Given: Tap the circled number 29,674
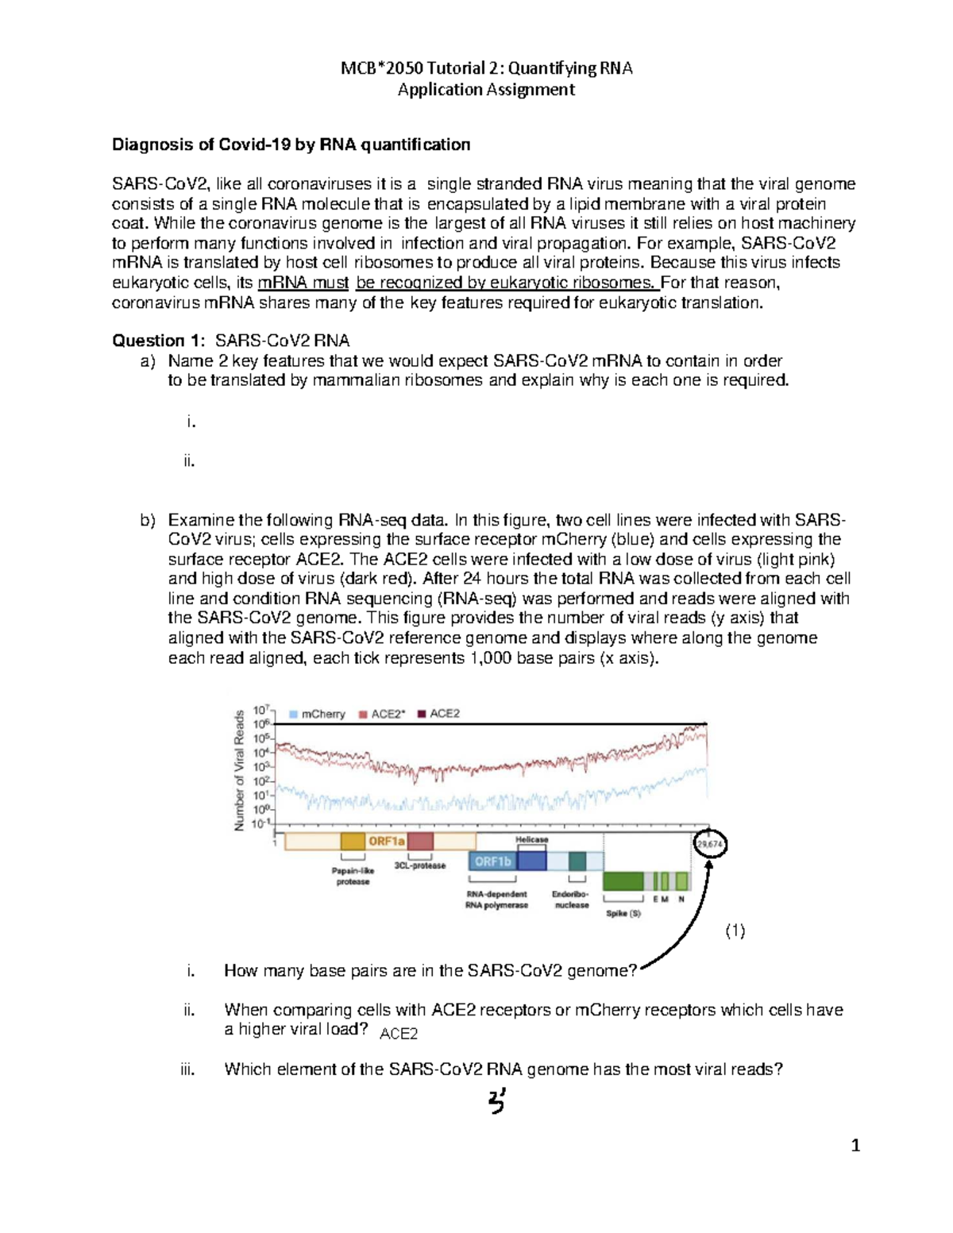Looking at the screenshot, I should tap(709, 844).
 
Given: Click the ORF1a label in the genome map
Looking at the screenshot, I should tap(386, 841).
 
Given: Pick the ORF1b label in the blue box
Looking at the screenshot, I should tap(492, 861).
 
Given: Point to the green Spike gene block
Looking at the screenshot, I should tap(623, 881).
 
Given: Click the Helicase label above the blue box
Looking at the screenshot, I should tap(531, 839).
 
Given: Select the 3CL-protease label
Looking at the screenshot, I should tap(420, 865).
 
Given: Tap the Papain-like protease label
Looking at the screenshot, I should tap(353, 876).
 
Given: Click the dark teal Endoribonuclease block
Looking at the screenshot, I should tap(577, 861).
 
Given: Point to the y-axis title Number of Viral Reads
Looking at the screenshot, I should tap(239, 771).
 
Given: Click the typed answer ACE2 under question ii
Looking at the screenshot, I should tap(399, 1034).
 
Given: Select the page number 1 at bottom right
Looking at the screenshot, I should tap(855, 1145).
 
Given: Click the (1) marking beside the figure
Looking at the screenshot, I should tap(735, 931).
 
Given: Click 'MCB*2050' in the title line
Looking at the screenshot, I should tap(373, 68).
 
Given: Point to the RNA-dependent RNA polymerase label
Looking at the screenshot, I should tap(496, 900).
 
